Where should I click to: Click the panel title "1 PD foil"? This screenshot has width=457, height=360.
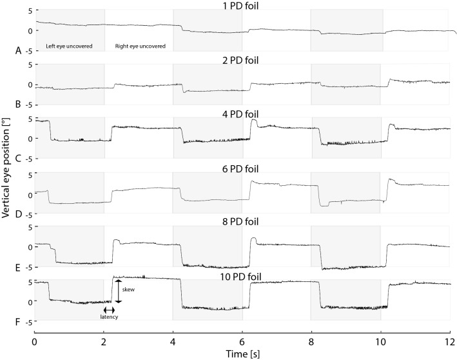coord(242,6)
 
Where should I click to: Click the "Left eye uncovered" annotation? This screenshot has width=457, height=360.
coord(69,46)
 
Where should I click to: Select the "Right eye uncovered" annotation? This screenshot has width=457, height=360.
coord(140,46)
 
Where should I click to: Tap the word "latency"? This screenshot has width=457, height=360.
coord(109,317)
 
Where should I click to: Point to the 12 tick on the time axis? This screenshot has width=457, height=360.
coord(450,337)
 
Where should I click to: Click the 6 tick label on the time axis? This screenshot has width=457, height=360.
coord(242,337)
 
